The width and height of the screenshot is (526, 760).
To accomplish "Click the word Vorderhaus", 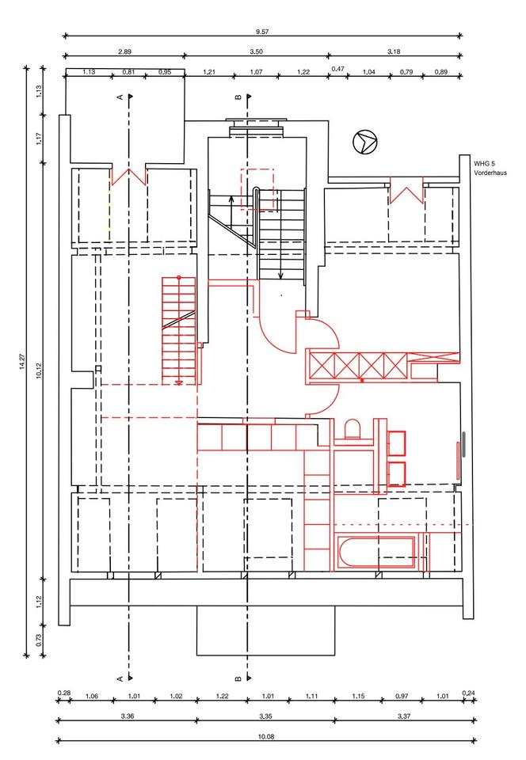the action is pos(490,172).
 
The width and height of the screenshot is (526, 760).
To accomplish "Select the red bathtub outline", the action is pos(375,553).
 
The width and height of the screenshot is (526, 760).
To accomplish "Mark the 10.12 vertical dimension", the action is pos(38,369).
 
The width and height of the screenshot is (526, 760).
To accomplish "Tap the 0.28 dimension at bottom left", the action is pos(63,693).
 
